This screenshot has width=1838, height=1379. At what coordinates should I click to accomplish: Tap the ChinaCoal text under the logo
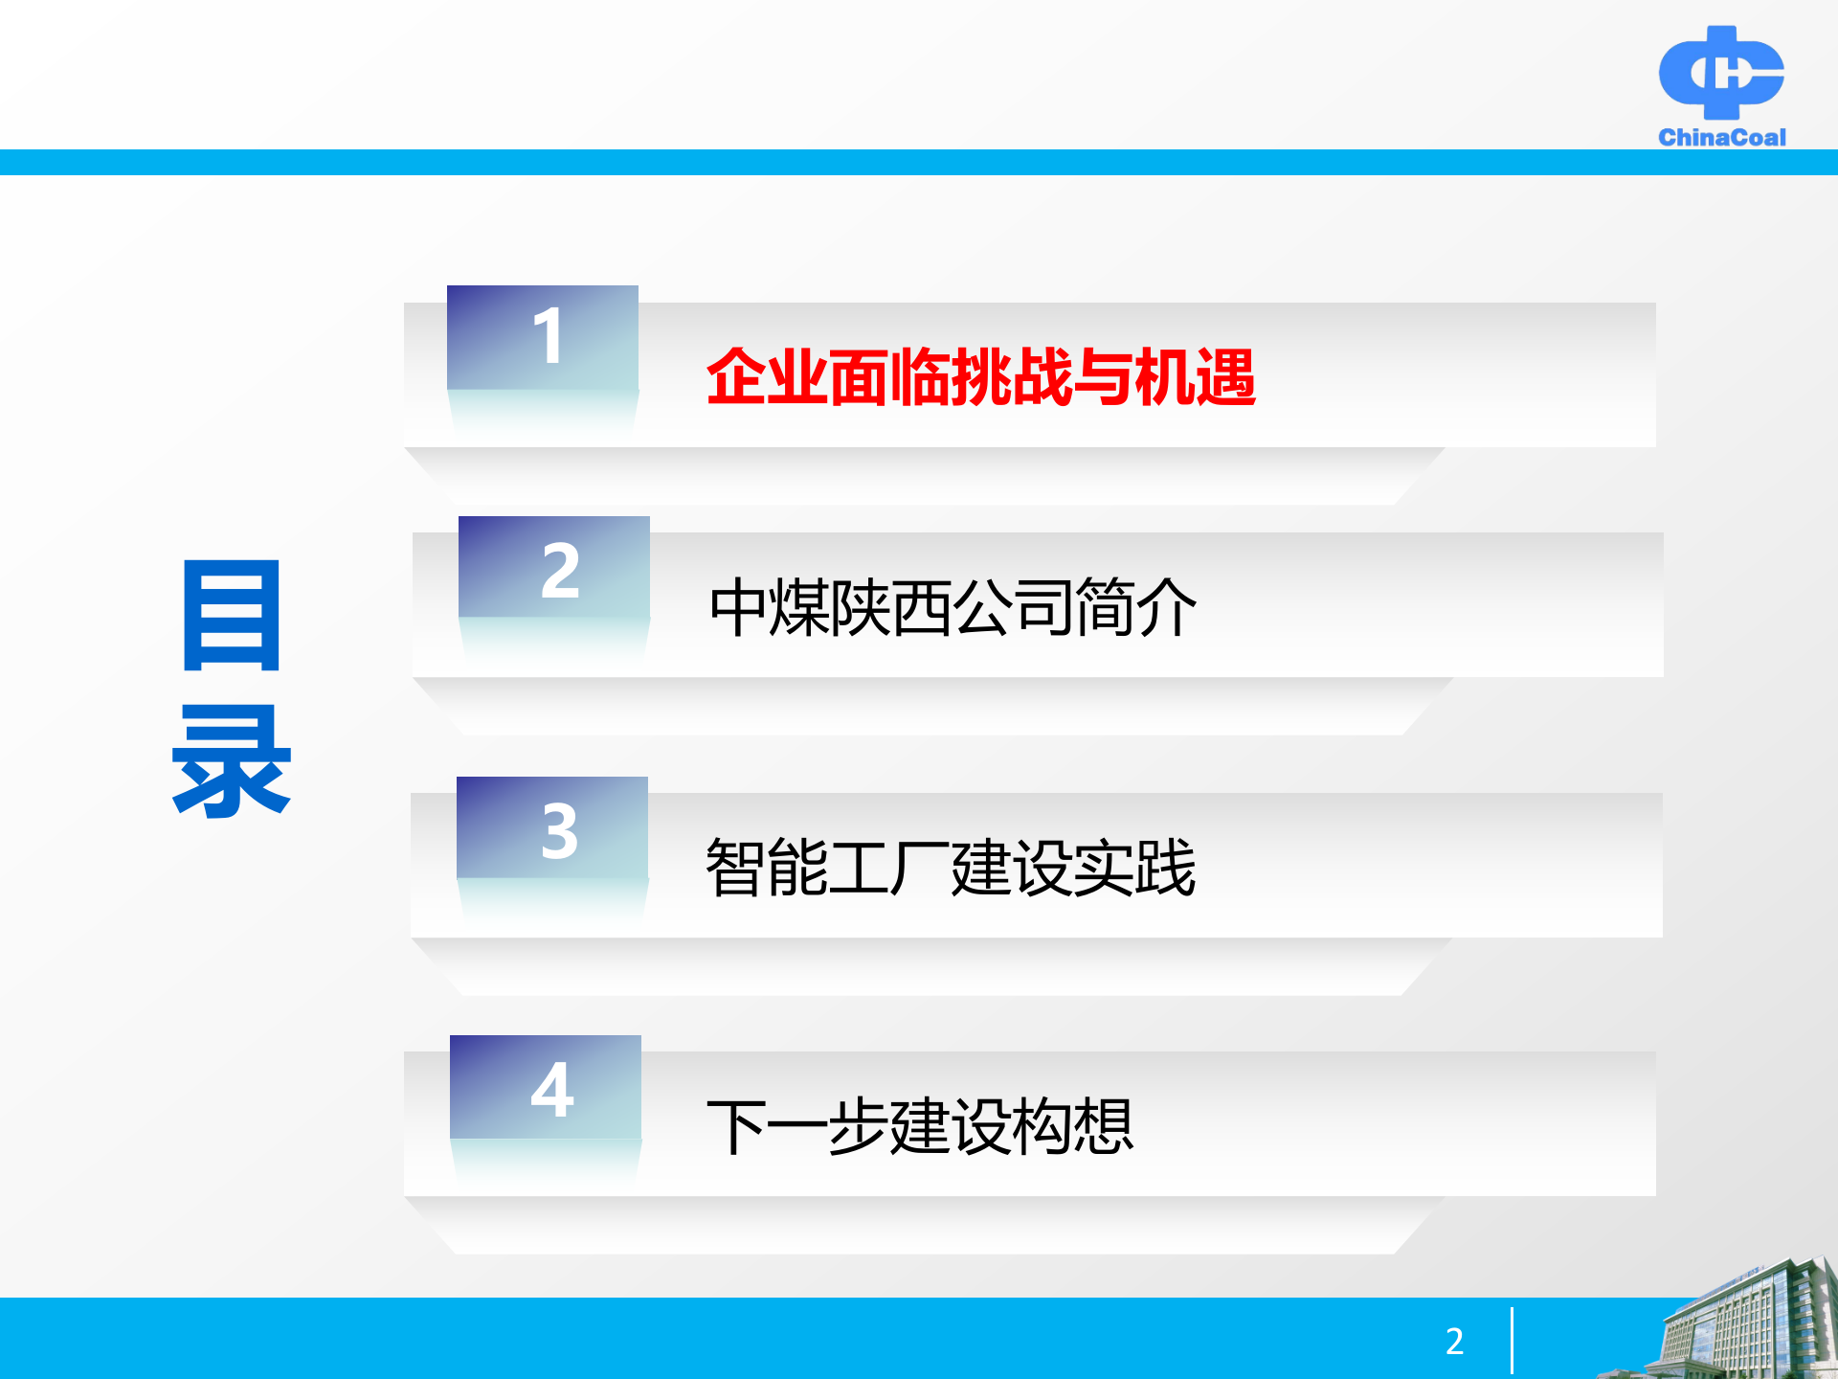[1721, 138]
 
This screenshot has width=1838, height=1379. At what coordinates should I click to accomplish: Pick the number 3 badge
[552, 828]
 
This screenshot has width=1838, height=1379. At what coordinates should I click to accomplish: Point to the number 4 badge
[546, 1088]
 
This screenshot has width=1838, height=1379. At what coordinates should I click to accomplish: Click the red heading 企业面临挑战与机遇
[980, 377]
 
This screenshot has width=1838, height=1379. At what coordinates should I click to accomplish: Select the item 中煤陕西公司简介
[953, 607]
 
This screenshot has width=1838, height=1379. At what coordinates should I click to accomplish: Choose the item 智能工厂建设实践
[951, 868]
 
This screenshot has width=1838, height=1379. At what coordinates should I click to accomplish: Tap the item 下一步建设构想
[920, 1126]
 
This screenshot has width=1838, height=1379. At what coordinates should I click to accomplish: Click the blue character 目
[232, 616]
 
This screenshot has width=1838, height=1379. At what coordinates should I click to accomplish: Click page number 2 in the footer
[1454, 1341]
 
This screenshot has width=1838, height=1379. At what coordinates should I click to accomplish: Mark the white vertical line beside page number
[1512, 1341]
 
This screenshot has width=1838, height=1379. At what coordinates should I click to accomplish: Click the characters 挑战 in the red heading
[1011, 377]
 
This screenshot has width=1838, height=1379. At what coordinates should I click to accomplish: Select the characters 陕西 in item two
[891, 607]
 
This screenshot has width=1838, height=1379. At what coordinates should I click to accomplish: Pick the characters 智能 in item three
[767, 868]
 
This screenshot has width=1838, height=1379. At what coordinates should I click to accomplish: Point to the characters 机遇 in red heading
[1195, 377]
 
